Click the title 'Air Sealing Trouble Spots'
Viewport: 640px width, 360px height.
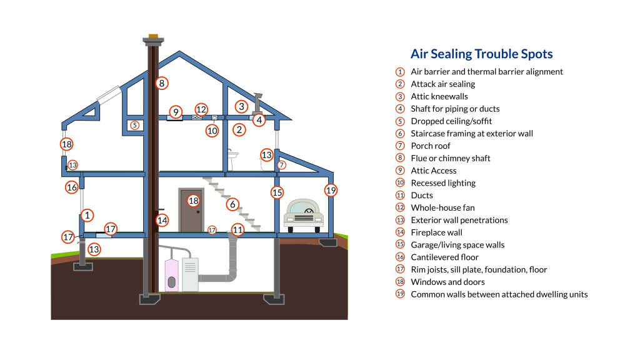tap(482, 54)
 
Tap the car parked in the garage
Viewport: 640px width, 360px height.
tap(304, 216)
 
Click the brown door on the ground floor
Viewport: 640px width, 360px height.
tap(191, 211)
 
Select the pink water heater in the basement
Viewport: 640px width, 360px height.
tap(171, 275)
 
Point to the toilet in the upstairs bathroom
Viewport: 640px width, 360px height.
tap(232, 159)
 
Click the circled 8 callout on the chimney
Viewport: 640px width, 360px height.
tap(162, 83)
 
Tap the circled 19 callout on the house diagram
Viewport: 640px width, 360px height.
tap(331, 190)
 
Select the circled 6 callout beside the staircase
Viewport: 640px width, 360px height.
tap(232, 204)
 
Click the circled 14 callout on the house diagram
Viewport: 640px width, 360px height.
tap(162, 221)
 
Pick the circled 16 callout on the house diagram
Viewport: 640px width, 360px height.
tap(72, 187)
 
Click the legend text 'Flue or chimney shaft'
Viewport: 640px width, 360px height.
tap(451, 158)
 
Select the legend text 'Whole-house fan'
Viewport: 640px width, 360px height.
tap(443, 207)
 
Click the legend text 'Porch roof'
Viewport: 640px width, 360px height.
tap(431, 146)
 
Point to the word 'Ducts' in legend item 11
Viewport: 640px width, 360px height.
tap(422, 196)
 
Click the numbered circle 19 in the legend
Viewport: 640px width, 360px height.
tap(400, 294)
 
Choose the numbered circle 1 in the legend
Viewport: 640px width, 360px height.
tap(400, 72)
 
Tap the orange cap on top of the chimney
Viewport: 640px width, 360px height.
tap(154, 36)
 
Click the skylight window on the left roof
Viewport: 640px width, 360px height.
tap(109, 95)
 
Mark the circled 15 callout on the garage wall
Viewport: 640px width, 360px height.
tap(277, 192)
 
